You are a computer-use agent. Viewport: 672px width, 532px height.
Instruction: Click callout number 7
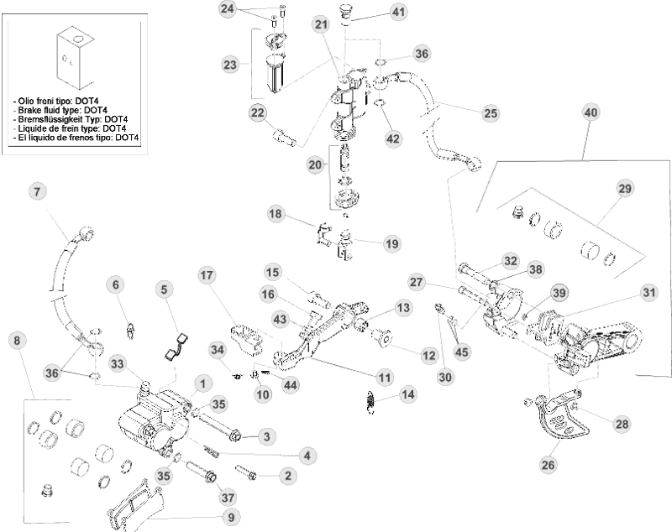pyautogui.click(x=36, y=191)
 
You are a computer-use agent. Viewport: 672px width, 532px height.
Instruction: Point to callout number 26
pyautogui.click(x=549, y=463)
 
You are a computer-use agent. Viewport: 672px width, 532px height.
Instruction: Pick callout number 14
pyautogui.click(x=407, y=394)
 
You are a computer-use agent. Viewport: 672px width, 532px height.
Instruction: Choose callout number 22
pyautogui.click(x=258, y=113)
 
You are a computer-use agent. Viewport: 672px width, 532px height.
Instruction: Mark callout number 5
pyautogui.click(x=165, y=289)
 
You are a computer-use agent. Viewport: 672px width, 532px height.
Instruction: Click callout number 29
pyautogui.click(x=624, y=190)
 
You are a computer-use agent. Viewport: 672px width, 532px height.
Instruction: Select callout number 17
pyautogui.click(x=208, y=275)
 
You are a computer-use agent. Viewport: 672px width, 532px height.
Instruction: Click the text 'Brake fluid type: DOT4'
pyautogui.click(x=61, y=110)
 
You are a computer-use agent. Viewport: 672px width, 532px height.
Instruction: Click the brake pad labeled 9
pyautogui.click(x=134, y=503)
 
